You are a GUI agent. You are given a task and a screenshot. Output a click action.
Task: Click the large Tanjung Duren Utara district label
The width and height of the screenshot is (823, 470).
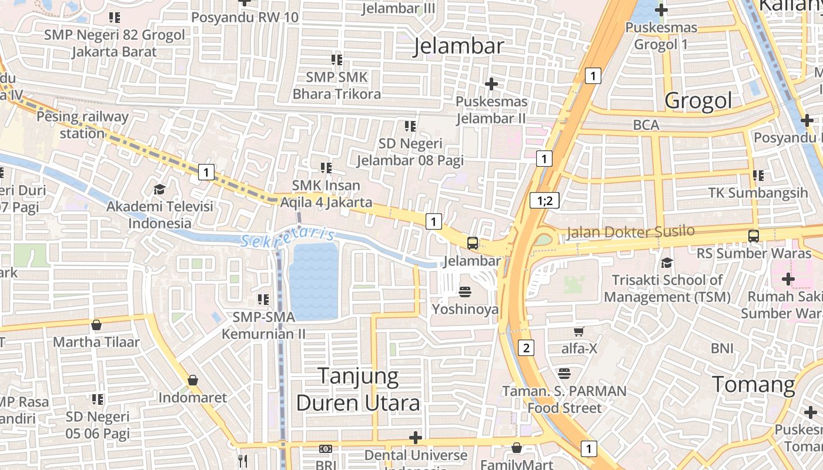point(358,390)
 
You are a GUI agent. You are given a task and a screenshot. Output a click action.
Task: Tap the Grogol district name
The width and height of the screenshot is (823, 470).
point(698,100)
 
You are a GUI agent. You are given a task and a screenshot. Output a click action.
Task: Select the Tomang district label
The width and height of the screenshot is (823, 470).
point(754,385)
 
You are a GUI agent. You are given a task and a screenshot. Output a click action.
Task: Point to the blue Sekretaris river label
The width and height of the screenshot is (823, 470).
point(287,237)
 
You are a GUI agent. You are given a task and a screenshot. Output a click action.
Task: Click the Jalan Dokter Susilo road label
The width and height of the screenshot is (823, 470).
point(630,232)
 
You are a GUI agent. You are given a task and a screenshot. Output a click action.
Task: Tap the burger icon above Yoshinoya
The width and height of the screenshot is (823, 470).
point(465,292)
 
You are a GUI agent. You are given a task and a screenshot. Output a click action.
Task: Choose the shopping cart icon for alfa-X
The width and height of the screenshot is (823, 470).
point(579,332)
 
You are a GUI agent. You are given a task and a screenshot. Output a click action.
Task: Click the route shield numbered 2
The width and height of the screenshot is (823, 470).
point(526,348)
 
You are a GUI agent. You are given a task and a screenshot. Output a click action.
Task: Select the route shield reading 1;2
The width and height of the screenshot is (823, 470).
point(544,200)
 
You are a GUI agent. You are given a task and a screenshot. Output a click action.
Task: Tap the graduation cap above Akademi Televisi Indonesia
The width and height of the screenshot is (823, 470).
point(159,189)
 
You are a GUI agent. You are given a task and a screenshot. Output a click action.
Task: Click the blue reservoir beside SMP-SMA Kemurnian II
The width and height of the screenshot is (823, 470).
point(314,281)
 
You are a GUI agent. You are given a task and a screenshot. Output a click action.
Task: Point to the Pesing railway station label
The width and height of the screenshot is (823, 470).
point(82,125)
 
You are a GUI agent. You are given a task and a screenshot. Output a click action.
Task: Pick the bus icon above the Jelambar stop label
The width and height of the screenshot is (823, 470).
point(472,243)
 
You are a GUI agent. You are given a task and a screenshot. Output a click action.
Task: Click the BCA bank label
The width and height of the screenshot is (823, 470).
point(646,125)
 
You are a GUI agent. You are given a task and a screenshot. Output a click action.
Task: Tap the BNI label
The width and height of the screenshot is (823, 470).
point(722,348)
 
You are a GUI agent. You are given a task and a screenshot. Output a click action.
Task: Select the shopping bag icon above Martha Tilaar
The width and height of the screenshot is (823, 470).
point(96,325)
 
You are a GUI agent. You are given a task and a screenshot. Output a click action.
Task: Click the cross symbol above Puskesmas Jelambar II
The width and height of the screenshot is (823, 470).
point(491,84)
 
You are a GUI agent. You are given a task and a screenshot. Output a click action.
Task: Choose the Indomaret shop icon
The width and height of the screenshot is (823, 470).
point(192,381)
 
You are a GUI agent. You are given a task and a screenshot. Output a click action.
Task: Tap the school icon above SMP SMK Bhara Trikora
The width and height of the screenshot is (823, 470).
point(336,60)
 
